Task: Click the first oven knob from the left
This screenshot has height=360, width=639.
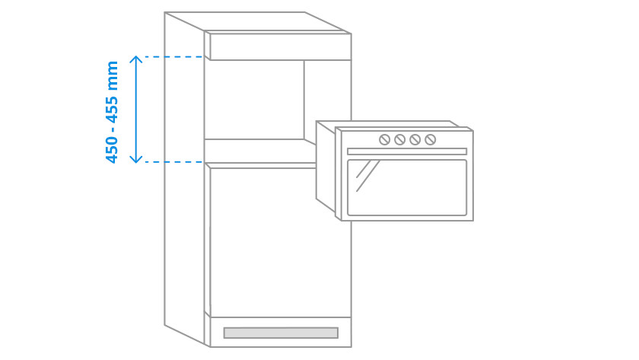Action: coord(385,139)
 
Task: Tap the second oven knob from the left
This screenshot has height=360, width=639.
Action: coord(400,139)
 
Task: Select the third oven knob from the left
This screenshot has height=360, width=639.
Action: coord(415,139)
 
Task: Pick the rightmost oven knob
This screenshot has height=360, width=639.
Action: coord(431,139)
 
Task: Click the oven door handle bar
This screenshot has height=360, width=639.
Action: coord(407,151)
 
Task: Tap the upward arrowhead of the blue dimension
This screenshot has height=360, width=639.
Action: coord(136,59)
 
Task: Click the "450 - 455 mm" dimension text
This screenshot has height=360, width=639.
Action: coord(113,111)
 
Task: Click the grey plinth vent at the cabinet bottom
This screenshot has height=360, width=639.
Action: coord(281,333)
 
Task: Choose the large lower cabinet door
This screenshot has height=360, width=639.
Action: coord(280,241)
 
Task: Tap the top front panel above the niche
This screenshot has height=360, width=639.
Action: coord(280,46)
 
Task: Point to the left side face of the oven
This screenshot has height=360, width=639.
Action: coord(326,167)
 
